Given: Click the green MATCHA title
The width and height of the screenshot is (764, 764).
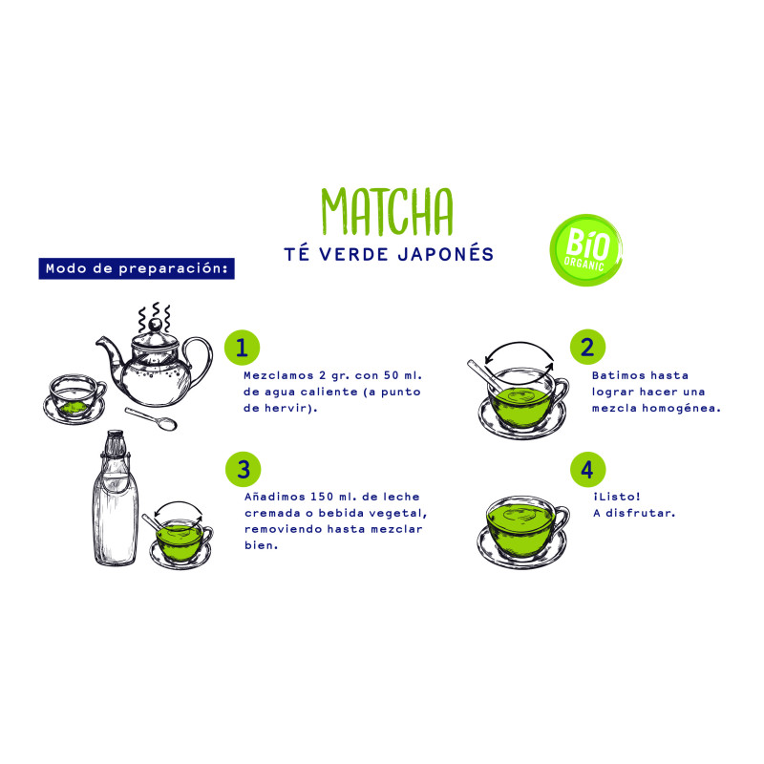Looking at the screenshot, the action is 388,211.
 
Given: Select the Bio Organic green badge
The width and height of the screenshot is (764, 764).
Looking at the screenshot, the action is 586,250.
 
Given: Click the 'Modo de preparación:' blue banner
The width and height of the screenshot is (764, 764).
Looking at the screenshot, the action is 137,268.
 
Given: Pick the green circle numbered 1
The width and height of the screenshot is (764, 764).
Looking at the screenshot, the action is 243,348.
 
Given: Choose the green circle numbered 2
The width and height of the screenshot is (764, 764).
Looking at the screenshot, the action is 587,347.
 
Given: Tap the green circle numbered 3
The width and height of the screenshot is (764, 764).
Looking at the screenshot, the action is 244,470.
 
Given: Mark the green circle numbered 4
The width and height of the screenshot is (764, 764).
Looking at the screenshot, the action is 587,470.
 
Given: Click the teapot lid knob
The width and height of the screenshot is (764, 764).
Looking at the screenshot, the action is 155,325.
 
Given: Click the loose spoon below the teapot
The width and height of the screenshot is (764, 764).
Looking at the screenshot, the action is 151,418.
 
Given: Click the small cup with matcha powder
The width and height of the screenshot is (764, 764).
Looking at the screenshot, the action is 74,399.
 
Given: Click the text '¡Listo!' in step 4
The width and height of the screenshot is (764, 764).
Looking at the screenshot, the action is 616,497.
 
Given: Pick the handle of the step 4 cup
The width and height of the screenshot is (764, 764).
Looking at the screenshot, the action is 562,520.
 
